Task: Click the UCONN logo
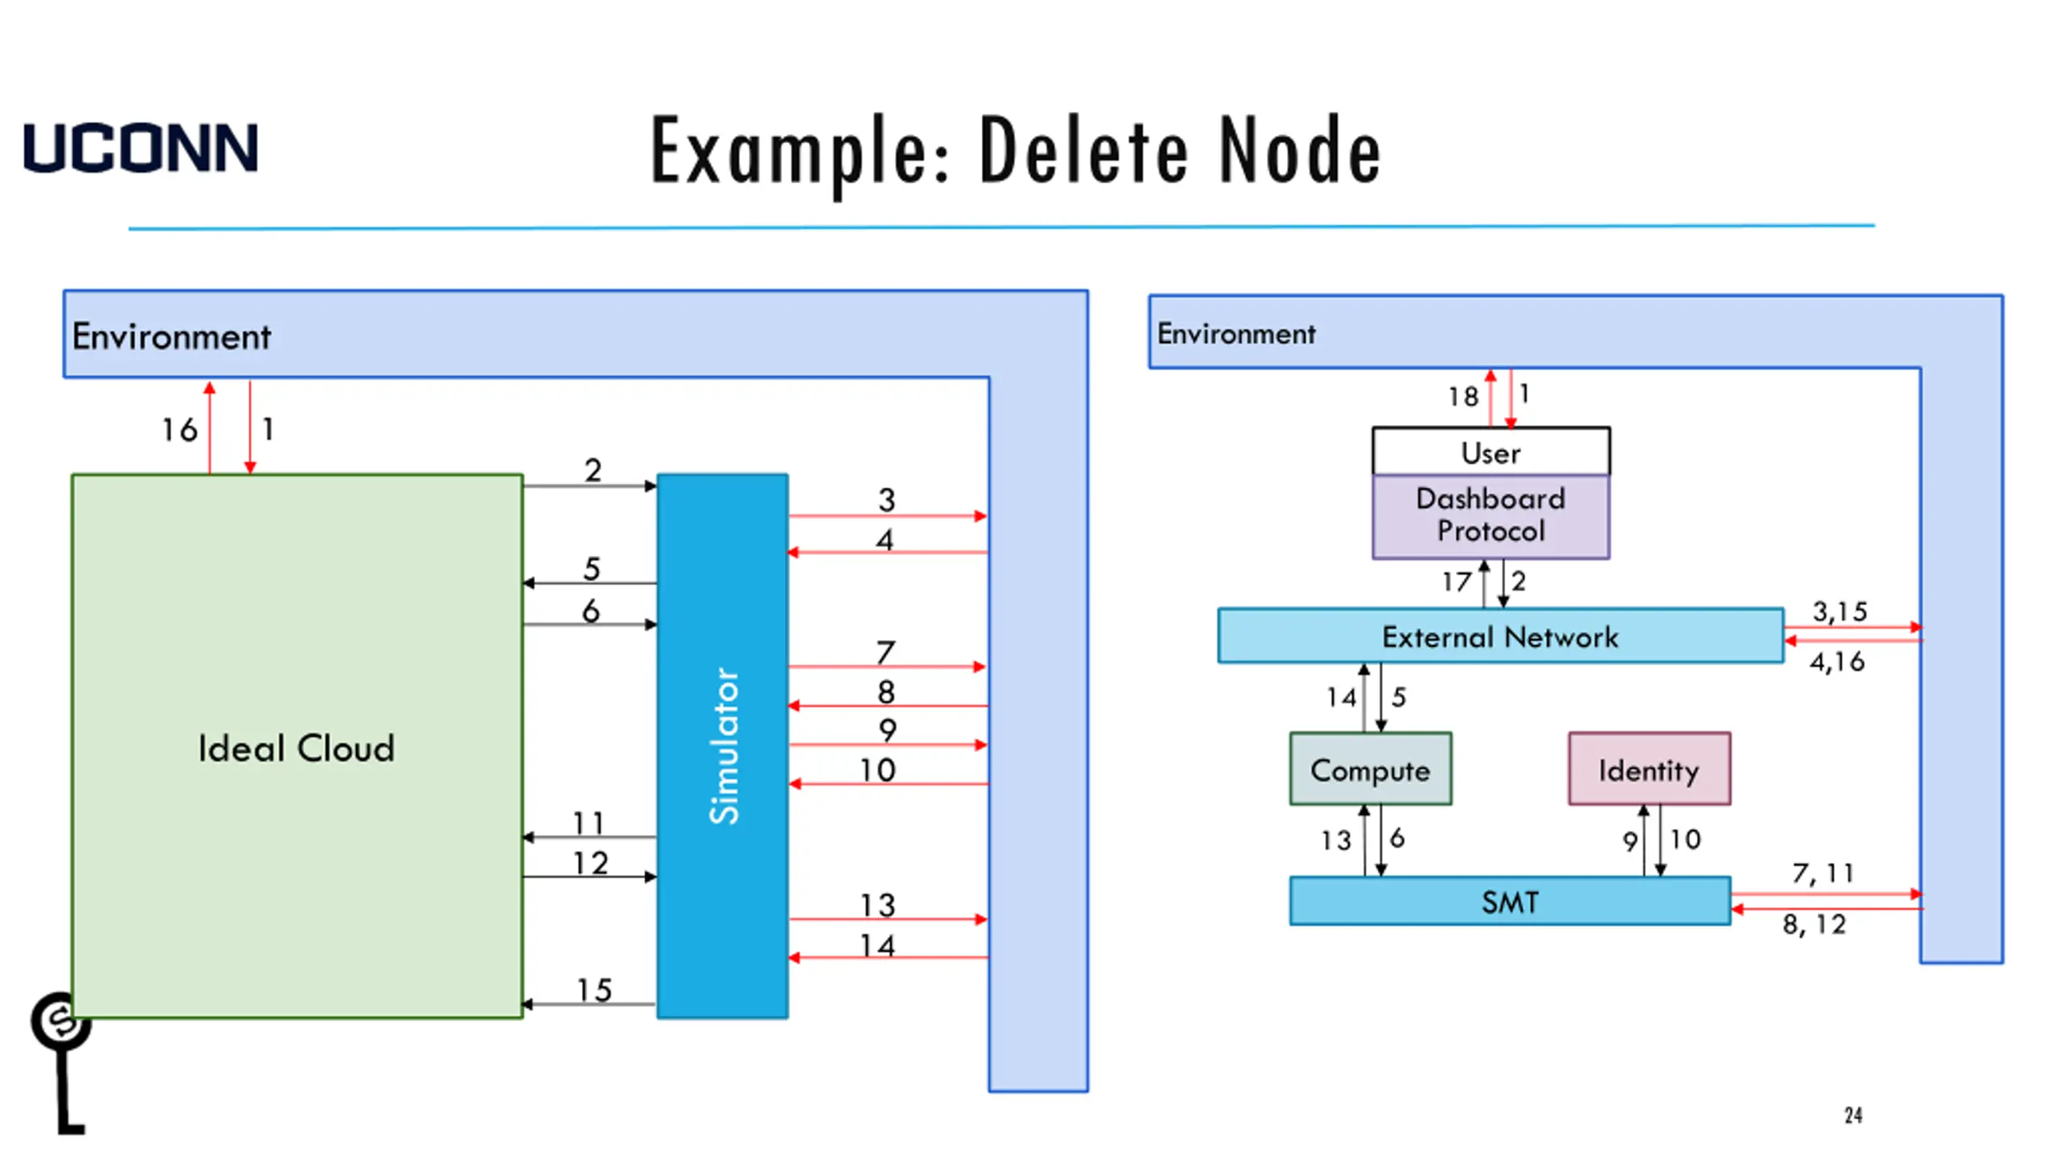tap(141, 148)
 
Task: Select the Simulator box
tap(722, 746)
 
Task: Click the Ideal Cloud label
tap(296, 748)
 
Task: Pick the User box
tap(1491, 452)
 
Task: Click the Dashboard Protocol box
tap(1491, 516)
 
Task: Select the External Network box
tap(1499, 636)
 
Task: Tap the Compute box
tap(1370, 770)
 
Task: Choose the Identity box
tap(1649, 770)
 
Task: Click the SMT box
tap(1509, 901)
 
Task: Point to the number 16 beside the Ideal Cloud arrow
tap(179, 430)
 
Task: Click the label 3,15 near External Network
tap(1839, 611)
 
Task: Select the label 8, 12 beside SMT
tap(1814, 925)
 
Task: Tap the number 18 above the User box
tap(1462, 397)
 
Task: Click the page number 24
tap(1853, 1115)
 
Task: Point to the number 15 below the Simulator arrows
tap(594, 990)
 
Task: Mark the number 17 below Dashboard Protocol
tap(1456, 582)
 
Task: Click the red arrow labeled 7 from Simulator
tap(887, 667)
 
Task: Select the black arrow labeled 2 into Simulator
tap(590, 485)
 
